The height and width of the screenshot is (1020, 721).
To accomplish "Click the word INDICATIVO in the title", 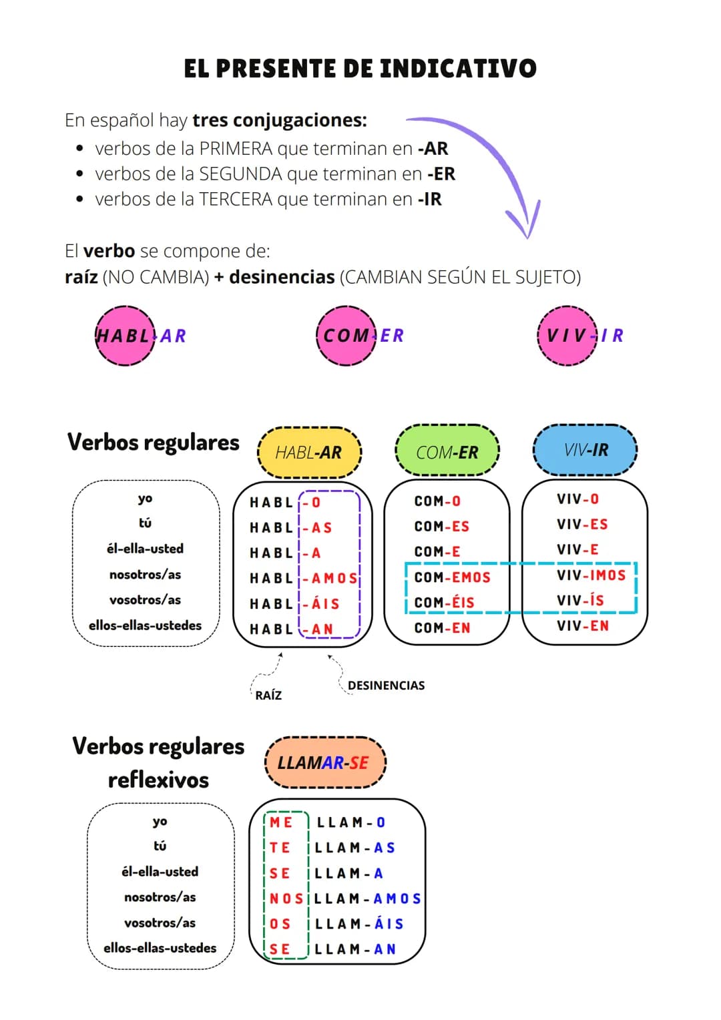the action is [x=458, y=68].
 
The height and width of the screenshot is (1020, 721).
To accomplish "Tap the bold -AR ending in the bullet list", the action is [x=433, y=148].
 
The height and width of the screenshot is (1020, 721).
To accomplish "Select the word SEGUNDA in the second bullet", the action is [x=240, y=174].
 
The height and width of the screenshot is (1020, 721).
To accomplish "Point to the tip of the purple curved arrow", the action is [x=527, y=238].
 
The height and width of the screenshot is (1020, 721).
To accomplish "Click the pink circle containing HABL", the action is [x=125, y=336].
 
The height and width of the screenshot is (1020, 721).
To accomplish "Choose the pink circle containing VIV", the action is [x=567, y=336].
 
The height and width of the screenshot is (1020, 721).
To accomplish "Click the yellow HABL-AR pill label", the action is [x=309, y=452].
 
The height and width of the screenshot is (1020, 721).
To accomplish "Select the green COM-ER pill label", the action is [x=447, y=451].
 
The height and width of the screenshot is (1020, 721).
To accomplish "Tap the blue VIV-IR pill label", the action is [x=585, y=450].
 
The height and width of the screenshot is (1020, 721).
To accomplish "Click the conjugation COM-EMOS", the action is [x=452, y=577].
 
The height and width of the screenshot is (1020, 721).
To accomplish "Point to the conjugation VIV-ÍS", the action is [x=580, y=601].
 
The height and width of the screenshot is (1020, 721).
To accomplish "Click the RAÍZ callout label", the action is [x=268, y=696].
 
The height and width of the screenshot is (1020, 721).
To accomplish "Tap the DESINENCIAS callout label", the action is [x=387, y=686].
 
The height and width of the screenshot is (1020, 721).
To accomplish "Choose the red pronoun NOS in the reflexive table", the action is [x=286, y=899].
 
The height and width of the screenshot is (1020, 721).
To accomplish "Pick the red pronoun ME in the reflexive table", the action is [x=281, y=822].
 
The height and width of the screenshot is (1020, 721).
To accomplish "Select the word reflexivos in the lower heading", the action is [x=158, y=780].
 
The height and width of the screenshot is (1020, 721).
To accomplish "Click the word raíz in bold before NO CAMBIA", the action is [x=81, y=276].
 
